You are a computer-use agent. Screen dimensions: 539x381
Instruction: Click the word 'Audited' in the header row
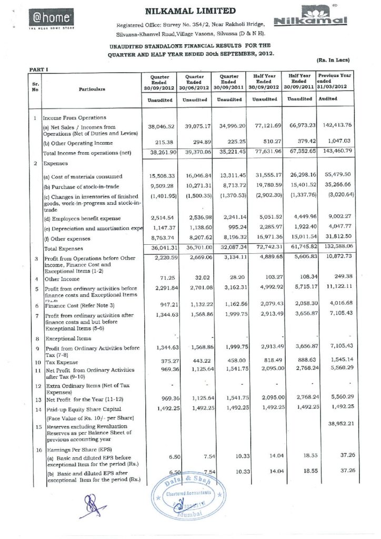(328, 99)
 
